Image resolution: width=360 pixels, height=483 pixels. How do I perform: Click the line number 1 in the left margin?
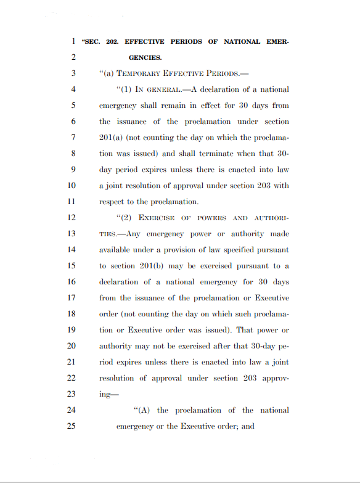73,42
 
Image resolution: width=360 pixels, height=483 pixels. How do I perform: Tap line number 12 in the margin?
71,218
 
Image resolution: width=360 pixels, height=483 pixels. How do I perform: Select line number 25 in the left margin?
71,426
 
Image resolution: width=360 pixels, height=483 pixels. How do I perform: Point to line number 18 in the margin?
71,314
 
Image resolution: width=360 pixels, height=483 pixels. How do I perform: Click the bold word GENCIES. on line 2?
145,58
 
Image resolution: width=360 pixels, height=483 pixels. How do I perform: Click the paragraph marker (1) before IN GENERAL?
123,90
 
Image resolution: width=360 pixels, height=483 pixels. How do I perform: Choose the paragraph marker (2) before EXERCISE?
123,218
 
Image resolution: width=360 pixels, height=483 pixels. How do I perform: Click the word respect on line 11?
112,202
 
